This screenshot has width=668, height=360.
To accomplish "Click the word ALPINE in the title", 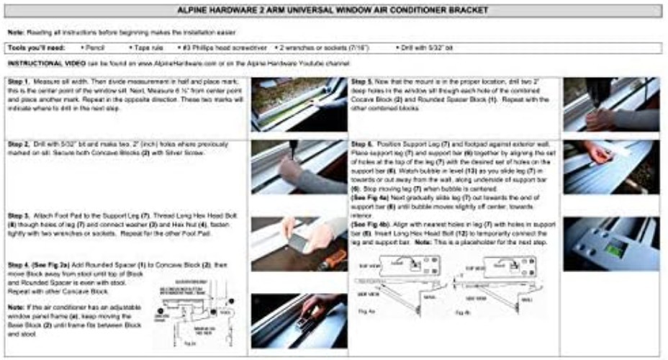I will (197, 10).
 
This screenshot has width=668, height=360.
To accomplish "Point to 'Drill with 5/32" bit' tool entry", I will (426, 48).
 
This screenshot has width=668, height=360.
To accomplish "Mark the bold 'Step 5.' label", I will (363, 82).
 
